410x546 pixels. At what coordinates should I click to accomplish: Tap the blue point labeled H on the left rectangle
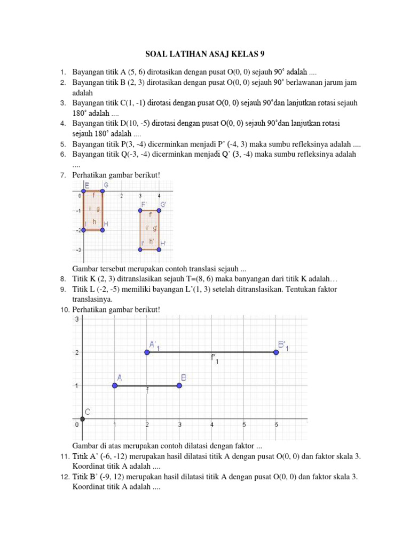click(x=102, y=230)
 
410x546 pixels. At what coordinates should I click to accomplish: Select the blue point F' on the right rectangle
click(x=141, y=211)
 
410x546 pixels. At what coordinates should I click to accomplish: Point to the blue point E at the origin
click(x=83, y=190)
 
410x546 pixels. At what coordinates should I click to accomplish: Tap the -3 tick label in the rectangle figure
click(x=77, y=250)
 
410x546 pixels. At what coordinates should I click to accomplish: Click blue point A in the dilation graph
click(x=115, y=386)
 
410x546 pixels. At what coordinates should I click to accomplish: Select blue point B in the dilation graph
click(x=179, y=386)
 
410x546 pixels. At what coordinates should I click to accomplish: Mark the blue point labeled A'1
click(x=147, y=352)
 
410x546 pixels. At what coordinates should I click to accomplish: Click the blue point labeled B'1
click(x=276, y=352)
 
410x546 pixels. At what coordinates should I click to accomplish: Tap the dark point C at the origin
click(x=82, y=419)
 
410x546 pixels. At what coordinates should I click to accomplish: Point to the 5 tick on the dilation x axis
click(x=243, y=425)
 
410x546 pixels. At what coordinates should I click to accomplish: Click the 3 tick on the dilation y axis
click(x=77, y=320)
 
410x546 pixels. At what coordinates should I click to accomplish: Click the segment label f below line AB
click(x=147, y=391)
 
